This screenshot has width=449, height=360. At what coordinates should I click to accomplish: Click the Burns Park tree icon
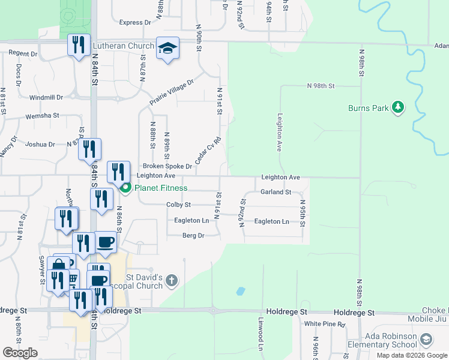pos(396,108)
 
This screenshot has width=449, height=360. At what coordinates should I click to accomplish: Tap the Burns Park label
pos(368,109)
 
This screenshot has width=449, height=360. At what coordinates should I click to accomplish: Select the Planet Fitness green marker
pos(126,188)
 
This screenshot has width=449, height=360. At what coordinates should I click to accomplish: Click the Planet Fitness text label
pos(161,188)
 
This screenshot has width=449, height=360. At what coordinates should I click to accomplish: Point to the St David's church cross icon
pos(172,280)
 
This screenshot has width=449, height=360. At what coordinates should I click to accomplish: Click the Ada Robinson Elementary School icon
pos(426,340)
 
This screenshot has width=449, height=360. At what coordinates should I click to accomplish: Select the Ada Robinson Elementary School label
pos(383,340)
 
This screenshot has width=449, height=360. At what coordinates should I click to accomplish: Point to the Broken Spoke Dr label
pos(167,166)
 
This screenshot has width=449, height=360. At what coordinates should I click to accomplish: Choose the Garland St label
pos(276,193)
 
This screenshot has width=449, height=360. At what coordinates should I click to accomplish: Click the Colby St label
pos(178,205)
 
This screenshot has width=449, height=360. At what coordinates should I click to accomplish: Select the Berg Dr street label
pos(193,236)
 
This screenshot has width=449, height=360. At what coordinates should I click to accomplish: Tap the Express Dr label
pos(135,23)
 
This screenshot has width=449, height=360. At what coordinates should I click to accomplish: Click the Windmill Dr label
pos(46,97)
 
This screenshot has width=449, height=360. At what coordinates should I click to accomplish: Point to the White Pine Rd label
pos(325,324)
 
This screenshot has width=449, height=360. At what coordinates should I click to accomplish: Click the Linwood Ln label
pos(261,334)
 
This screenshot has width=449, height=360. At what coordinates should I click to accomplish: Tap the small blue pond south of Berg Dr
pos(241,292)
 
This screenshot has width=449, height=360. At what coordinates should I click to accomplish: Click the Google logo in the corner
pos(20,353)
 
